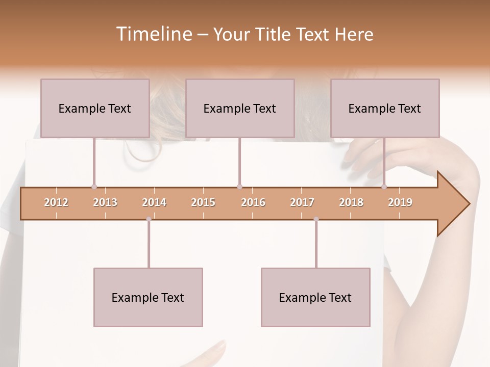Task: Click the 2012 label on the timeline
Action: [56, 202]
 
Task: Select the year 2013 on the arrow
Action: [105, 202]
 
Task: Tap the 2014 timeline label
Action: [154, 202]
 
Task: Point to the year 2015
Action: [203, 202]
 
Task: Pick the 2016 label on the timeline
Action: [253, 202]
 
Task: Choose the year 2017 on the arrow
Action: [302, 202]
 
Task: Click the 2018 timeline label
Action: [351, 202]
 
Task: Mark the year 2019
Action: [400, 202]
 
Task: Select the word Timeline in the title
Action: [153, 34]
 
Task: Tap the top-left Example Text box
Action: [95, 108]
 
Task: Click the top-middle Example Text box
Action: [240, 108]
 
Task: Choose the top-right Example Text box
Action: [385, 108]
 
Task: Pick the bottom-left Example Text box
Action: [148, 297]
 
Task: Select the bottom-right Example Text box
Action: [315, 297]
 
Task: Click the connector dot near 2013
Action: [94, 187]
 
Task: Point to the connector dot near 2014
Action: [149, 219]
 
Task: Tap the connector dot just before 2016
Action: [239, 187]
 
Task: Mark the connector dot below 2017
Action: [316, 219]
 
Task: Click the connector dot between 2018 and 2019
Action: [384, 187]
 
